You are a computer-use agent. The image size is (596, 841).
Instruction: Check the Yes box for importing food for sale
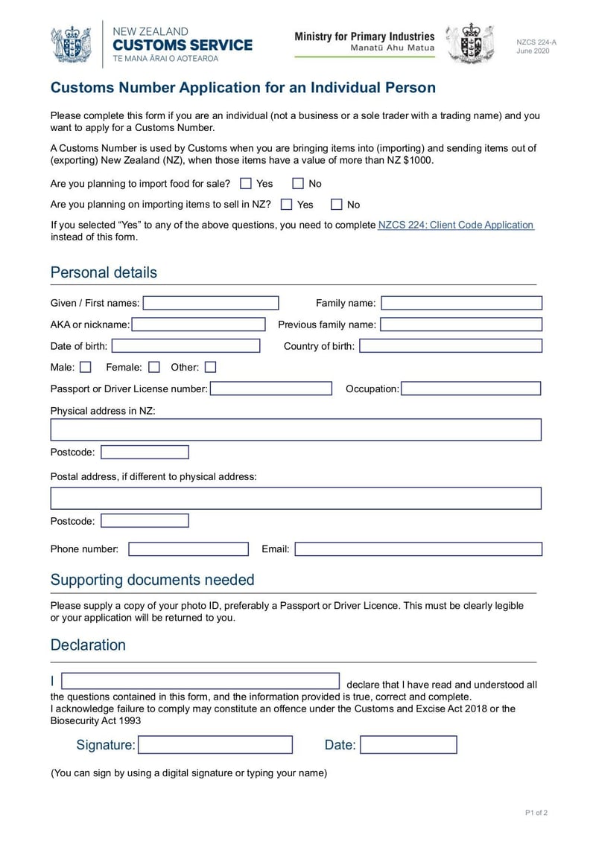246,183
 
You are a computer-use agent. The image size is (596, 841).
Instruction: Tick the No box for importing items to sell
337,204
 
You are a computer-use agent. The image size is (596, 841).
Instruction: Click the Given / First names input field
211,303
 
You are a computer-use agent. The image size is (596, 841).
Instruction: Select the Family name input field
461,303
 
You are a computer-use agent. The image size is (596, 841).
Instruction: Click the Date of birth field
186,346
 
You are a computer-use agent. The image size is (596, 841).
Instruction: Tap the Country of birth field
450,346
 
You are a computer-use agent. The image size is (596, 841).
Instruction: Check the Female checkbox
154,367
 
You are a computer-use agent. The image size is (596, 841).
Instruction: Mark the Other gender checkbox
211,367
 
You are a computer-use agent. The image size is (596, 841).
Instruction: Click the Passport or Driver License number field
271,388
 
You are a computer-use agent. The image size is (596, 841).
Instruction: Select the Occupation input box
471,388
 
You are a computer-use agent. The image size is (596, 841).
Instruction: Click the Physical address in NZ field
296,430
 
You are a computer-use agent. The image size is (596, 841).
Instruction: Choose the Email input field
418,549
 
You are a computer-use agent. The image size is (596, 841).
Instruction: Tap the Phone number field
188,549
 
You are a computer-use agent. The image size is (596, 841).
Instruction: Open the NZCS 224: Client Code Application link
456,225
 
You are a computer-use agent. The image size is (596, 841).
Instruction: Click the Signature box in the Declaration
215,745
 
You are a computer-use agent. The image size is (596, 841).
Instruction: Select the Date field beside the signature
408,745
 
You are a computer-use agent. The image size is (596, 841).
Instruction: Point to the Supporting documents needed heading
152,580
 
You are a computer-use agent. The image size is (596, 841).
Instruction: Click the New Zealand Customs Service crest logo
71,44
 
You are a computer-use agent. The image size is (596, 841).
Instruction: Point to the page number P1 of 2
536,813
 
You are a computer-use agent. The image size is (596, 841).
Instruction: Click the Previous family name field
461,324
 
